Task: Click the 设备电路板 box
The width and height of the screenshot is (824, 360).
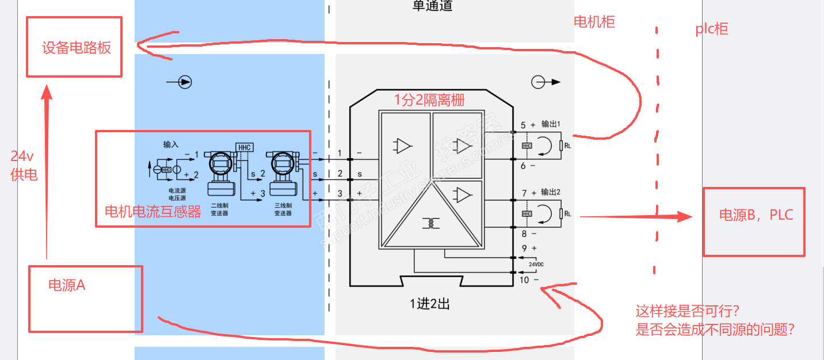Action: pyautogui.click(x=74, y=47)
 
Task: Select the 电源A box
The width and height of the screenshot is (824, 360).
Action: pyautogui.click(x=85, y=298)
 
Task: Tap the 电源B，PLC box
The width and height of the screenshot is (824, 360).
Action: pyautogui.click(x=754, y=221)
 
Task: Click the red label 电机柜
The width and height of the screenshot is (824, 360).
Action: pyautogui.click(x=594, y=22)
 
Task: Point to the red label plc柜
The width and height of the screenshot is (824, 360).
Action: pyautogui.click(x=711, y=29)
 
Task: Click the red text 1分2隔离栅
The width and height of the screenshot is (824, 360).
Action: pyautogui.click(x=429, y=99)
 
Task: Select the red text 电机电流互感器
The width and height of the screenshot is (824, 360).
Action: pyautogui.click(x=153, y=212)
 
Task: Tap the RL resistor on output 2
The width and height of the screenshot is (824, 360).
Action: pyautogui.click(x=560, y=214)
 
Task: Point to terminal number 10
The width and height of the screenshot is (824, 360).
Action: pyautogui.click(x=524, y=279)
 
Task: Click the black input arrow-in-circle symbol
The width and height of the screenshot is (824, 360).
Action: pyautogui.click(x=185, y=82)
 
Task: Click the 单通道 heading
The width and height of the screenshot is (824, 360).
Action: pyautogui.click(x=432, y=6)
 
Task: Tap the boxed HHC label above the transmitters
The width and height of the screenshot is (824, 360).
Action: pyautogui.click(x=245, y=147)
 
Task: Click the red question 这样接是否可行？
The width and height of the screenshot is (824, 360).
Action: pyautogui.click(x=687, y=311)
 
